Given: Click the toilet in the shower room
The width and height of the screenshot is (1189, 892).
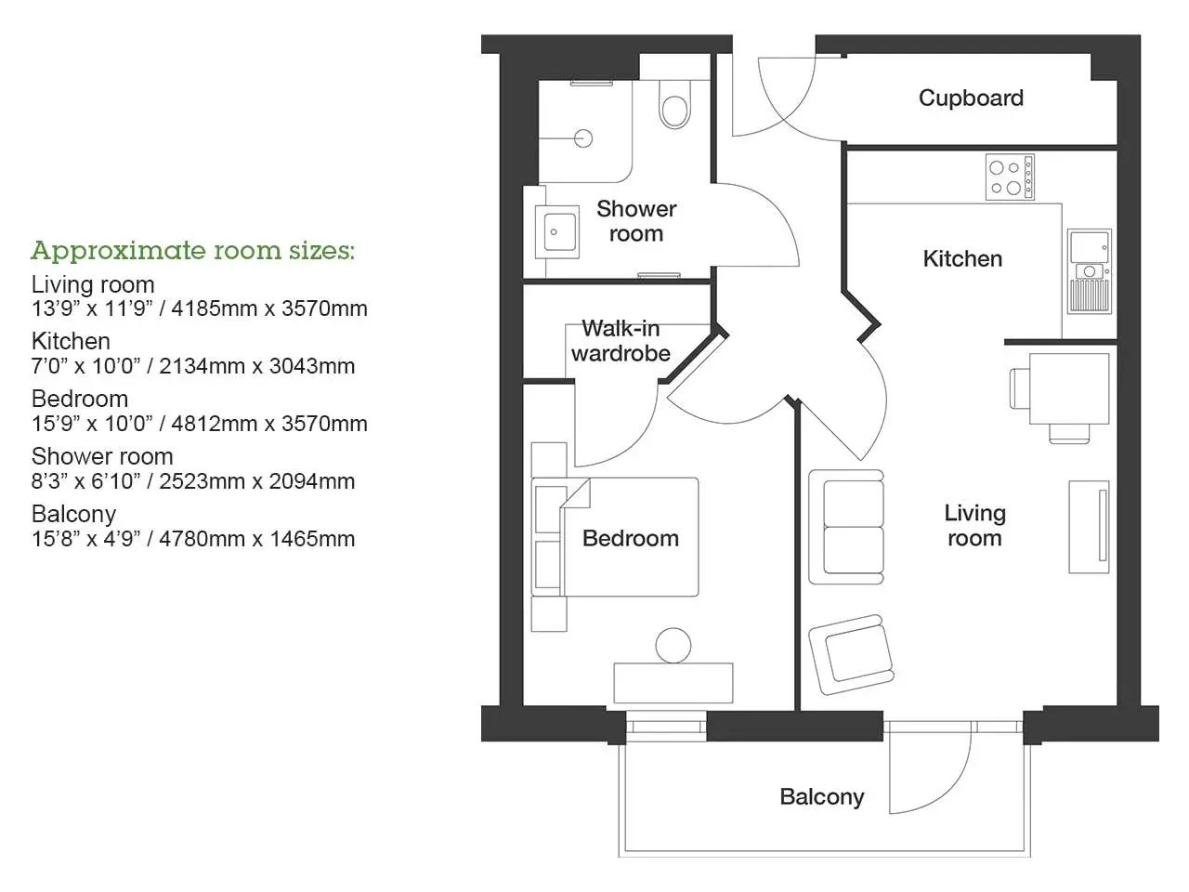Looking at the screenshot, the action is click(674, 104).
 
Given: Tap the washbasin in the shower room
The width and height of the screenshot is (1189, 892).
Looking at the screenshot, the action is click(556, 231).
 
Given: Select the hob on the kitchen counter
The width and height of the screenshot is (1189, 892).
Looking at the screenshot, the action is click(1010, 177).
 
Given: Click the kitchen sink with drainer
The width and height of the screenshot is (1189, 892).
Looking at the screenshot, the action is click(1090, 270).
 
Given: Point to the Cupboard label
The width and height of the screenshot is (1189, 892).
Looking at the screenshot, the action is click(971, 98).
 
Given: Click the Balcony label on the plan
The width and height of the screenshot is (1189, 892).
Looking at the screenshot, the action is click(822, 797).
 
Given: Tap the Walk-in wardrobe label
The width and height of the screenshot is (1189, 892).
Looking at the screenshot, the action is click(621, 341).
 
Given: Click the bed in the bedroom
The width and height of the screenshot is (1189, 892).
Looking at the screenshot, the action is click(615, 537).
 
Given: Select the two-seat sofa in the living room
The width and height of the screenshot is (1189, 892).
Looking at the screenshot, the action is click(846, 527).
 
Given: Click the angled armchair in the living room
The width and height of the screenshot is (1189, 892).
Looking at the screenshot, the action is click(851, 654).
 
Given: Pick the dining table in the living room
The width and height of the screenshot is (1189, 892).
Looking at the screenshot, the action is click(1069, 388).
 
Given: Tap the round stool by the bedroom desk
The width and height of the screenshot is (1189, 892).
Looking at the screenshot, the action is click(673, 646).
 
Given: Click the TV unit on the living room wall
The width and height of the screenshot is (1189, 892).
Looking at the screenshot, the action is click(1089, 527).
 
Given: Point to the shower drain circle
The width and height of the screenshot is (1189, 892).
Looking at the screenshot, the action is click(583, 138).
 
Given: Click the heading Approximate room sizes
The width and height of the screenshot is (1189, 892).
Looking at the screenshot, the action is click(193, 251).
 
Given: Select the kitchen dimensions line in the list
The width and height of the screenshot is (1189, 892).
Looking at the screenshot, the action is click(193, 366).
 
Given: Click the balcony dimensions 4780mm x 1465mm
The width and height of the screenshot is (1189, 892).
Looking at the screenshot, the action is click(256, 539).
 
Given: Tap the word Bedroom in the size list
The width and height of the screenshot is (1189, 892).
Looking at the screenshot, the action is click(80, 400).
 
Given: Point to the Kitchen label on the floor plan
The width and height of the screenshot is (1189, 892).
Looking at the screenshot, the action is click(962, 259).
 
